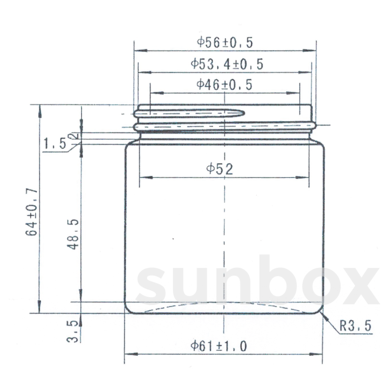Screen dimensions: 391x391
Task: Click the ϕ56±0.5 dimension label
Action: click(x=225, y=43)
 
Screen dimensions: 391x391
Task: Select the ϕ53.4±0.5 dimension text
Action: click(x=227, y=64)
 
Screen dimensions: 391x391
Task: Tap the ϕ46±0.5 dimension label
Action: click(x=224, y=85)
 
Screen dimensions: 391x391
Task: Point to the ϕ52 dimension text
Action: click(x=220, y=169)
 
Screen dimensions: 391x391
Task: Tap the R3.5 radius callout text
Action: click(x=355, y=326)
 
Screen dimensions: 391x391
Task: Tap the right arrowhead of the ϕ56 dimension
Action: click(x=313, y=51)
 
